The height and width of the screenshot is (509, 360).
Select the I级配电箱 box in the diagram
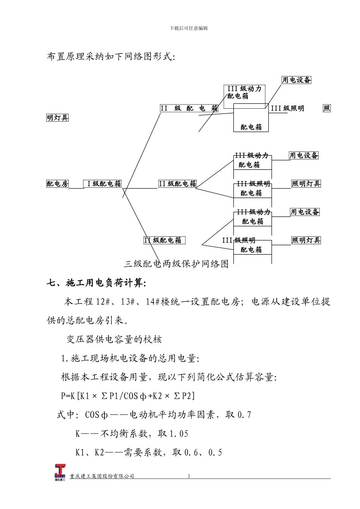[x=103, y=184]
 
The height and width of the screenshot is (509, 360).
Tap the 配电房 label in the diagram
[x=58, y=184]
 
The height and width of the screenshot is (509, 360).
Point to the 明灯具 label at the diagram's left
[x=58, y=118]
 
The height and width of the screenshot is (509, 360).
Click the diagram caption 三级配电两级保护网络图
[x=176, y=264]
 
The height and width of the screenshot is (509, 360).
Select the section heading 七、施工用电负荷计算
[x=96, y=283]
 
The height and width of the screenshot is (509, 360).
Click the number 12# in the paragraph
[x=102, y=302]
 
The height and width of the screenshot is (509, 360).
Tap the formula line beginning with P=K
[x=128, y=396]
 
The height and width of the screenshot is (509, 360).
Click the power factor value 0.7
[x=244, y=415]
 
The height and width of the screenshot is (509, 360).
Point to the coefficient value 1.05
[x=178, y=434]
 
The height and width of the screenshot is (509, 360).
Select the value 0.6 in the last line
[x=191, y=453]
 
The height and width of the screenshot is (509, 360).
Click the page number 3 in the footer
[x=189, y=476]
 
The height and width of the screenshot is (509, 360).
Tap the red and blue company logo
[x=60, y=472]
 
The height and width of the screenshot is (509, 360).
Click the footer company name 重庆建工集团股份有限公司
[x=102, y=476]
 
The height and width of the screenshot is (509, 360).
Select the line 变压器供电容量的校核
[x=114, y=339]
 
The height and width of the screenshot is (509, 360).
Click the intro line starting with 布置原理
[x=111, y=57]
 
